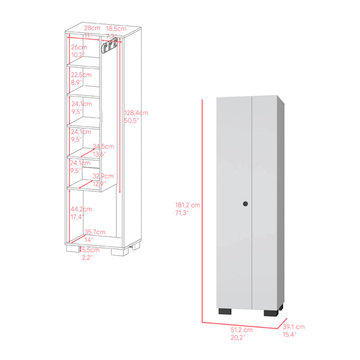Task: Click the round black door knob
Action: (x=245, y=206)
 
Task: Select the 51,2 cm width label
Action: (x=239, y=330)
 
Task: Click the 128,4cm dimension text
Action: (x=137, y=113)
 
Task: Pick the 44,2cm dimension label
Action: (x=79, y=209)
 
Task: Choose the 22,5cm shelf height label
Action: (x=80, y=75)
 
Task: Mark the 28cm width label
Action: (x=91, y=28)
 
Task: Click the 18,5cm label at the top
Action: (x=116, y=28)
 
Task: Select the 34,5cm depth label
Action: (x=103, y=146)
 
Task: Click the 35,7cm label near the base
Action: (x=95, y=232)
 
